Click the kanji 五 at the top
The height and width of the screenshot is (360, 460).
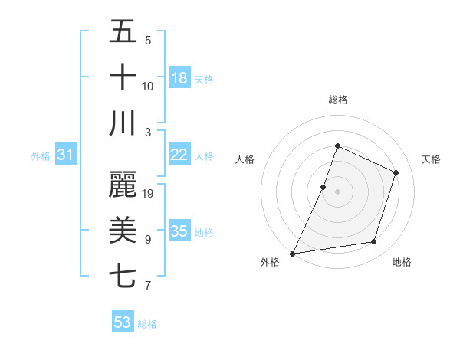coord(123,32)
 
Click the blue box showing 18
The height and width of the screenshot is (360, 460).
coord(179,77)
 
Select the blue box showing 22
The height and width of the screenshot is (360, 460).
coord(179,155)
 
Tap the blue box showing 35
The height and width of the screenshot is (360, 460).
coord(179,231)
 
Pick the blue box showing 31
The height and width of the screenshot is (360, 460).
coord(66,155)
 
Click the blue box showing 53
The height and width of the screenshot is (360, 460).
coord(123,322)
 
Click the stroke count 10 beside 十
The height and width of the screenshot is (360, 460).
coord(148,86)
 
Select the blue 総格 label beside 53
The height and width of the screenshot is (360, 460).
coord(147,324)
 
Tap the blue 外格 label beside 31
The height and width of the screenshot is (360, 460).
coord(41,156)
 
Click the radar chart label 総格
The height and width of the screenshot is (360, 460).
coord(337,100)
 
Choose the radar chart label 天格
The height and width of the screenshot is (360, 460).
coord(431,159)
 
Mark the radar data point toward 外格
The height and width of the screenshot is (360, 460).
coord(292,253)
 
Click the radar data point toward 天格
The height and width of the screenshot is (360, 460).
coord(396,172)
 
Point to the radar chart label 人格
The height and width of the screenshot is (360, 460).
coord(245,159)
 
